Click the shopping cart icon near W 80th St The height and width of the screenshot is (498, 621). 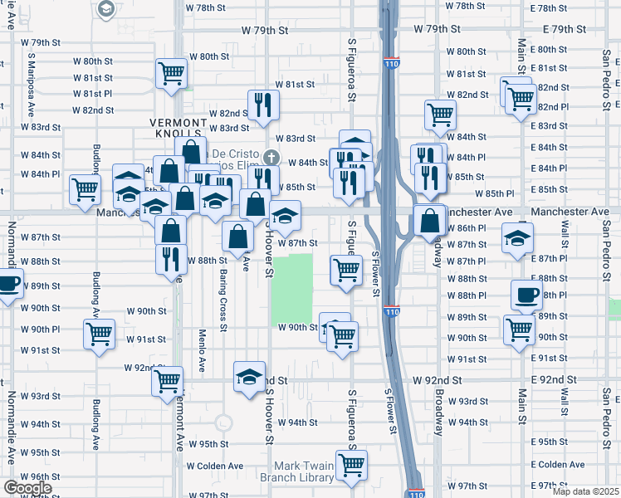171,72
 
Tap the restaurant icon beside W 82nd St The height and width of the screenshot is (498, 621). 264,105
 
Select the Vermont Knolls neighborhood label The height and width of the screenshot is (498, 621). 176,127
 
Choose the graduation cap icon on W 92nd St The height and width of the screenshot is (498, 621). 249,377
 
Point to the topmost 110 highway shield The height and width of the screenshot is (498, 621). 391,63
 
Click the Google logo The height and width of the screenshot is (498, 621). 27,488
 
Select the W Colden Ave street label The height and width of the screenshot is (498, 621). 215,466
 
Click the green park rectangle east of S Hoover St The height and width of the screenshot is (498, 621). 292,289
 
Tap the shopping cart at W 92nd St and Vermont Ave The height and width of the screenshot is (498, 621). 168,381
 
